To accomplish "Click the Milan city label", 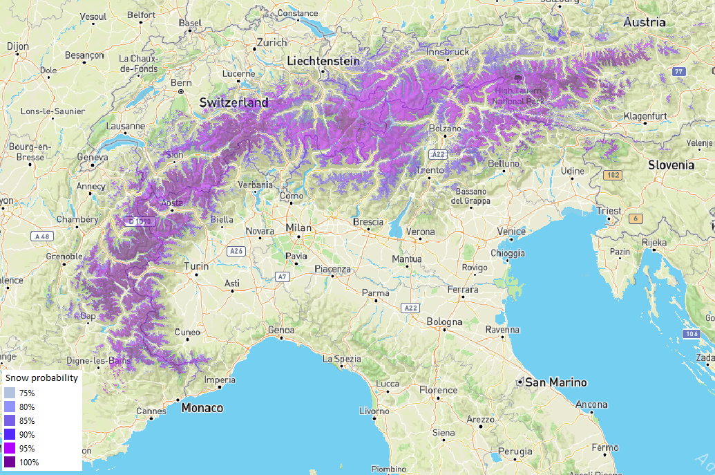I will [298, 227].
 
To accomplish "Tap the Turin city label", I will [197, 266].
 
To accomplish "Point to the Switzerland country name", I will [233, 102].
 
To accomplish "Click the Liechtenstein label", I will [323, 62].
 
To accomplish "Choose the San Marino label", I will [555, 382].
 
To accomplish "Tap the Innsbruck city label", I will [448, 52].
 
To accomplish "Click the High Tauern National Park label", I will [517, 95].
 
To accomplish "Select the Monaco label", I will [202, 408].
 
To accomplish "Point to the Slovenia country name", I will [671, 165].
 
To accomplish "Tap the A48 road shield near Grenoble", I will [43, 236].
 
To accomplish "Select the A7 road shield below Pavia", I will [281, 277].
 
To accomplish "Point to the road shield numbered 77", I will [679, 72].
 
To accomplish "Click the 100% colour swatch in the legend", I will [9, 462].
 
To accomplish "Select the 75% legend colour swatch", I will [9, 393].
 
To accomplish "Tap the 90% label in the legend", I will [28, 434].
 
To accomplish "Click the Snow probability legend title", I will [41, 378].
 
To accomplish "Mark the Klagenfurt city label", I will [645, 115].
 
